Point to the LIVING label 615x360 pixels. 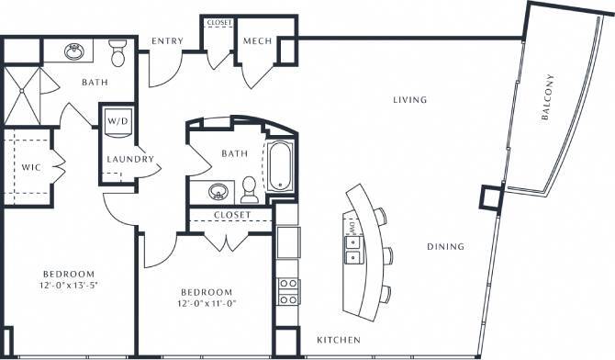coord(412,99)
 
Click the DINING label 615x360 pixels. coord(445,246)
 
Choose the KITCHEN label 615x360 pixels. coord(339,341)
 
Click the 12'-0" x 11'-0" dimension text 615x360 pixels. coord(207,304)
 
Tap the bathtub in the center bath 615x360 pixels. coord(278,168)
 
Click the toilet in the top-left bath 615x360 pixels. coord(117,54)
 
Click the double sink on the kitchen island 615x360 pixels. coord(352,245)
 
